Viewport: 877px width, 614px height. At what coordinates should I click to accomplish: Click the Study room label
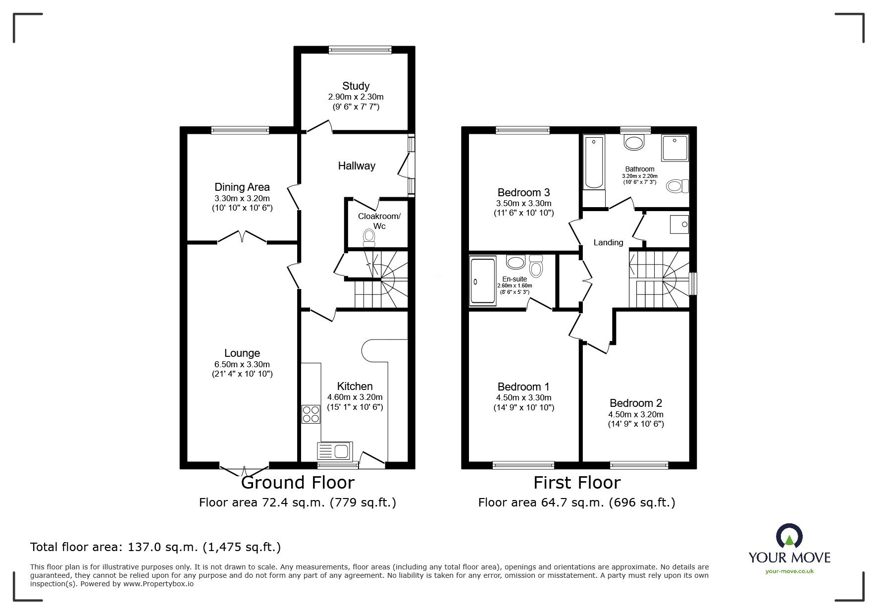[356, 86]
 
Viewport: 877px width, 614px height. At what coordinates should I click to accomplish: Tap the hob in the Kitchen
[311, 414]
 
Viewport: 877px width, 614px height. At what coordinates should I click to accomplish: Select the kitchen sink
[334, 451]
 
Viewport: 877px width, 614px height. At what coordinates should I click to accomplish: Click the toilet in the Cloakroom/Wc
[369, 237]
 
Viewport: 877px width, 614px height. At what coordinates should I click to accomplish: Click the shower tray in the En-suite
[483, 280]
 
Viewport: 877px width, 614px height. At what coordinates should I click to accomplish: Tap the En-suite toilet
[536, 266]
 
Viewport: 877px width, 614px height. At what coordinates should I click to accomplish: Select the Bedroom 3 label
[523, 192]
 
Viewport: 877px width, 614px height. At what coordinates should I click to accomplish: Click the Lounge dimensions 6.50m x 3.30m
[242, 364]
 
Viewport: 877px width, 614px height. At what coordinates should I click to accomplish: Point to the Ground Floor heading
[298, 482]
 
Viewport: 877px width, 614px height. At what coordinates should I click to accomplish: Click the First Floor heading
[577, 482]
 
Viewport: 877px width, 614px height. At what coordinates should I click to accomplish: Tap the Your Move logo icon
[789, 536]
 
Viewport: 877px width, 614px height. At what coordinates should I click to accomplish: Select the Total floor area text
[155, 547]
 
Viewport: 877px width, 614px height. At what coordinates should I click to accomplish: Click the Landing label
[608, 242]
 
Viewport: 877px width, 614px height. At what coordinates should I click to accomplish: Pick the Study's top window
[360, 49]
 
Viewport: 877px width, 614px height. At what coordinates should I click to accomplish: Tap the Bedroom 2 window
[639, 465]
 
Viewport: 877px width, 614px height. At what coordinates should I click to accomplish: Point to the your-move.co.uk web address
[789, 571]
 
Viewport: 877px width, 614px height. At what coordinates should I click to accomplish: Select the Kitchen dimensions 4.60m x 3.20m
[355, 397]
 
